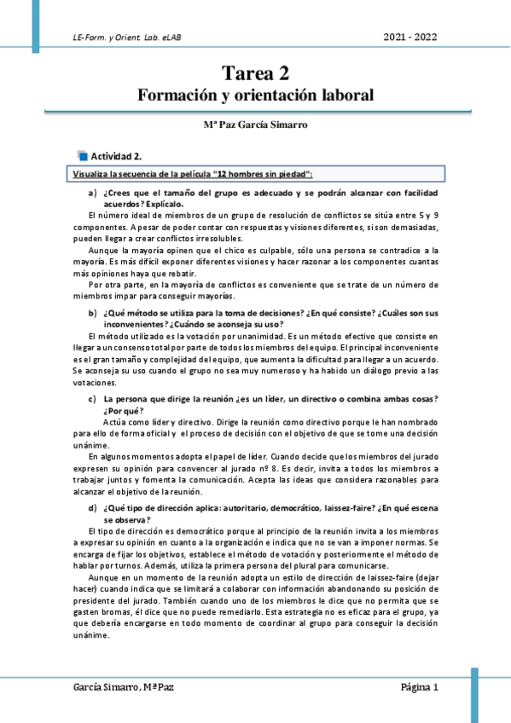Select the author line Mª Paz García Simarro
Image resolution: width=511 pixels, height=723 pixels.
(255, 124)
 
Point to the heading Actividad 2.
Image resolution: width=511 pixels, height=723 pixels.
(116, 155)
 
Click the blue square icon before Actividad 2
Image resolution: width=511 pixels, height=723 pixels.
(82, 155)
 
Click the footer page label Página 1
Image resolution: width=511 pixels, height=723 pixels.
(419, 686)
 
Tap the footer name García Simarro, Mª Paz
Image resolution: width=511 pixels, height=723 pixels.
(125, 686)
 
